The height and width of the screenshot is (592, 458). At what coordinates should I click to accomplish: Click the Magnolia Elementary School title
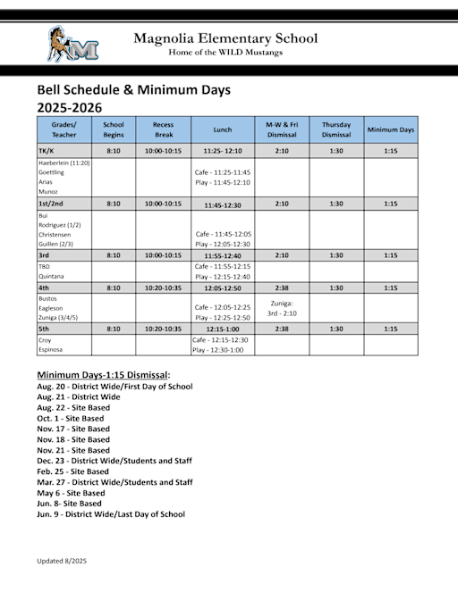click(225, 38)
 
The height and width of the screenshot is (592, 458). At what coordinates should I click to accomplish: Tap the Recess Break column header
click(163, 129)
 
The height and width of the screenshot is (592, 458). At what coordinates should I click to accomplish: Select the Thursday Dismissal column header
click(335, 129)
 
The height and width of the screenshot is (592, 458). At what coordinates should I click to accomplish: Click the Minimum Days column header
click(391, 129)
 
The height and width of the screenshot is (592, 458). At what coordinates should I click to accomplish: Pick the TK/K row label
click(47, 151)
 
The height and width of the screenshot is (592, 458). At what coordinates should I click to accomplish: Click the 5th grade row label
click(44, 329)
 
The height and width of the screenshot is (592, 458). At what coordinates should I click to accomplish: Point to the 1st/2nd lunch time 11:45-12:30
click(223, 204)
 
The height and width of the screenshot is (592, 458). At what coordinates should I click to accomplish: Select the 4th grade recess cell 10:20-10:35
click(163, 288)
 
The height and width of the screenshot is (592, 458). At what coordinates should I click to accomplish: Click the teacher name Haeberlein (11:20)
click(64, 163)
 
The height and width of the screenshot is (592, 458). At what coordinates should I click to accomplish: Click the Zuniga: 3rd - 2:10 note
click(282, 308)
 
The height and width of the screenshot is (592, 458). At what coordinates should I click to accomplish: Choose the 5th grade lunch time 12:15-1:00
click(223, 329)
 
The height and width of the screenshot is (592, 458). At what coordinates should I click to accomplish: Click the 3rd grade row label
click(43, 255)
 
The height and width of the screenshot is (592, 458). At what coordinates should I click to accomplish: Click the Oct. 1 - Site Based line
click(71, 418)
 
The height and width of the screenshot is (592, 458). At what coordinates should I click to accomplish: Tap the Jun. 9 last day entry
click(111, 514)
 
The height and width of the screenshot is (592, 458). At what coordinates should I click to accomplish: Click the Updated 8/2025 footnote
click(62, 561)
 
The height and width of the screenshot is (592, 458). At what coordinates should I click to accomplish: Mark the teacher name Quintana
click(50, 276)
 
